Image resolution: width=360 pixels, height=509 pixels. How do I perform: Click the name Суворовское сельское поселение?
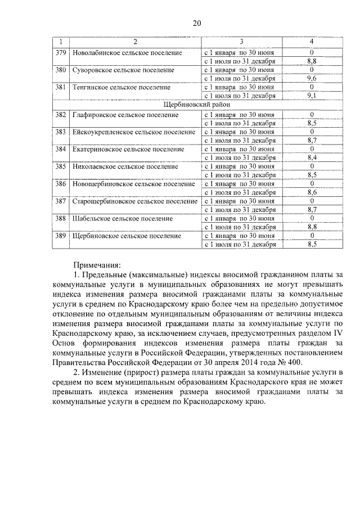[123, 70]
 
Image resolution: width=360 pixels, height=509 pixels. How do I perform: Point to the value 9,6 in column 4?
[312, 79]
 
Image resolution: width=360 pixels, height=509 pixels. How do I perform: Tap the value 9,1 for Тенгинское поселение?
[312, 96]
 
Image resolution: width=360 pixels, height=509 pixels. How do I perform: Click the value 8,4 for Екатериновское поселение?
[312, 157]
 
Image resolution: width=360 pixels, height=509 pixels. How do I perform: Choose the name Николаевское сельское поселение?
[127, 166]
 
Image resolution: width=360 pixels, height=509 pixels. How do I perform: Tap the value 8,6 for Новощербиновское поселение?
[312, 192]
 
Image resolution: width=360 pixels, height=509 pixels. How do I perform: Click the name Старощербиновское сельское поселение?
[134, 201]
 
